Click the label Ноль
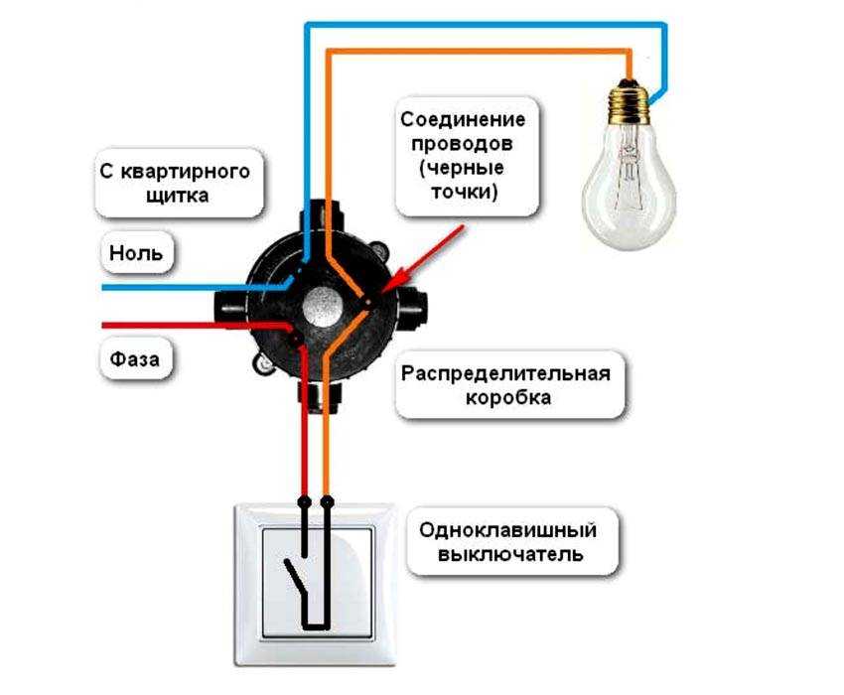click(x=136, y=252)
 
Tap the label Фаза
click(x=135, y=359)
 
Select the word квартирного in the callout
click(x=185, y=173)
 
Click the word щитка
click(x=177, y=195)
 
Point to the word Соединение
click(x=463, y=119)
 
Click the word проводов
click(x=462, y=144)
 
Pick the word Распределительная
click(x=506, y=373)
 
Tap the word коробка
click(x=508, y=398)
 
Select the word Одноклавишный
click(x=508, y=530)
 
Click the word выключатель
click(x=510, y=554)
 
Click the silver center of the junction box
click(x=322, y=306)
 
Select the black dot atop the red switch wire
click(x=304, y=502)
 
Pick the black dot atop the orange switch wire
click(x=327, y=502)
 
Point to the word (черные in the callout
click(x=462, y=168)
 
